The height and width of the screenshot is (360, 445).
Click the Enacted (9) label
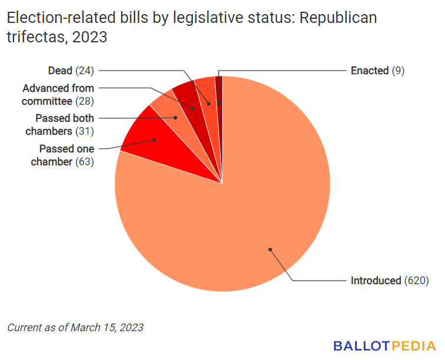377,71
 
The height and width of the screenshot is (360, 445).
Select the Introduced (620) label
389,281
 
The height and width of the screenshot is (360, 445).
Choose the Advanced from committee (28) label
58,95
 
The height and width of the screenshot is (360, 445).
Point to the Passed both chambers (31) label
65,124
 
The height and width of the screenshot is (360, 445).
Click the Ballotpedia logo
384,345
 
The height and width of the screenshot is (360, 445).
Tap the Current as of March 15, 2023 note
75,327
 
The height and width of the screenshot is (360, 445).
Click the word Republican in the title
338,18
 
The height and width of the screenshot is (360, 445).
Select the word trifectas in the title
31,38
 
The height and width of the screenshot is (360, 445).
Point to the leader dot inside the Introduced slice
270,249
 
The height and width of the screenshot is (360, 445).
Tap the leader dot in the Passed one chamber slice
154,140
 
